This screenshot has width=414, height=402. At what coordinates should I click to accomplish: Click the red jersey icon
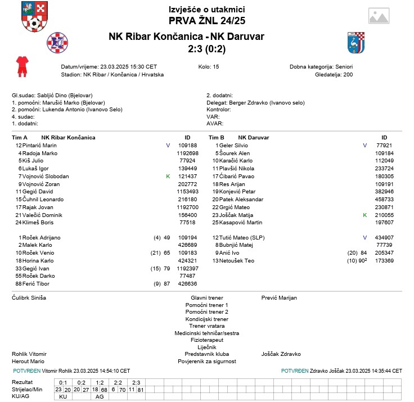pos(22,66)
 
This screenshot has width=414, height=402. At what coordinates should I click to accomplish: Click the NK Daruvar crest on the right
pos(357,42)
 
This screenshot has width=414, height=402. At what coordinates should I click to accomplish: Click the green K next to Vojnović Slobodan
pos(168,177)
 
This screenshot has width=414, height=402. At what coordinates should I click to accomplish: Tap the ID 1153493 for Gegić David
pos(187,192)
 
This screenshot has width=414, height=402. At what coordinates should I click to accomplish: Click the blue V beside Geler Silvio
pos(364,146)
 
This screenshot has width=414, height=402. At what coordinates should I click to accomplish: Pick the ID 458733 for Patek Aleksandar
pos(384,200)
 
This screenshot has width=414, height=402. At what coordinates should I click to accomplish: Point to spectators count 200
pos(348,75)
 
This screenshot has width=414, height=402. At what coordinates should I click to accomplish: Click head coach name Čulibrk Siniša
pos(29,297)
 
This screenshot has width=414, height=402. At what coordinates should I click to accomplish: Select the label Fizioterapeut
pos(207,340)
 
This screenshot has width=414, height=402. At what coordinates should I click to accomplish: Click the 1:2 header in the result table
pos(100,382)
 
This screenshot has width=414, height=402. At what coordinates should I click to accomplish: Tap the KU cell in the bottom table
pos(63,396)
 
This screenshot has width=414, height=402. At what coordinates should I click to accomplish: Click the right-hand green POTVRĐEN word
pos(294,371)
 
